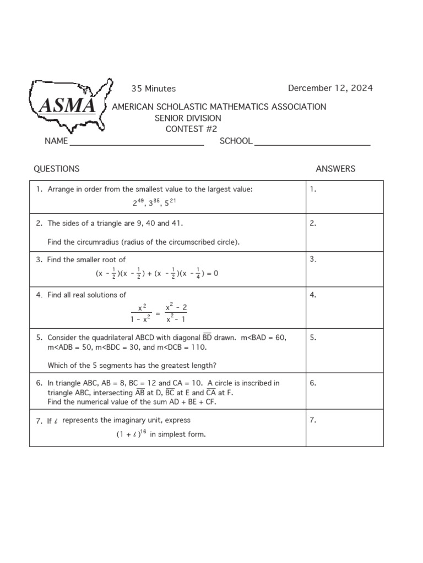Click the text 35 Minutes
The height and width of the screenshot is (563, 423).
point(153,89)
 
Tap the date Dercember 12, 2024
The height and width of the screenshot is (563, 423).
point(330,88)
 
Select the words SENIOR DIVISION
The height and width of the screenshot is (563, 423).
point(188,118)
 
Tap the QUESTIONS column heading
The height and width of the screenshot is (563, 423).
point(56,169)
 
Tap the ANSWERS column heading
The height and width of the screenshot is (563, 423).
point(335,169)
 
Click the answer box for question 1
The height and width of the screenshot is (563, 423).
point(345,197)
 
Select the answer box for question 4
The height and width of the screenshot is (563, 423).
point(345,307)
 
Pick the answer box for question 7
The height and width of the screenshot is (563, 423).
point(345,427)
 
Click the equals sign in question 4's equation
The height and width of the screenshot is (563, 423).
point(158,313)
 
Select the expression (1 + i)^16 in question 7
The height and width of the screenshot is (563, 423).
point(131,434)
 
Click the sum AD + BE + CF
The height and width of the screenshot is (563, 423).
point(186,402)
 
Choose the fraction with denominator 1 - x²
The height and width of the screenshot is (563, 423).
point(141,313)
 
